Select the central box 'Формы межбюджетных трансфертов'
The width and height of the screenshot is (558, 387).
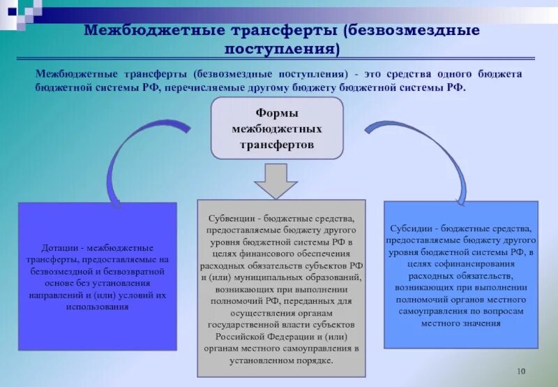point(277,128)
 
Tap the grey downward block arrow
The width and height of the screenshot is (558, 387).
point(276,180)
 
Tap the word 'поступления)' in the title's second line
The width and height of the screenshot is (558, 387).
point(282,50)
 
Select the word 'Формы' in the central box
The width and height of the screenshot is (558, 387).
point(277,114)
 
